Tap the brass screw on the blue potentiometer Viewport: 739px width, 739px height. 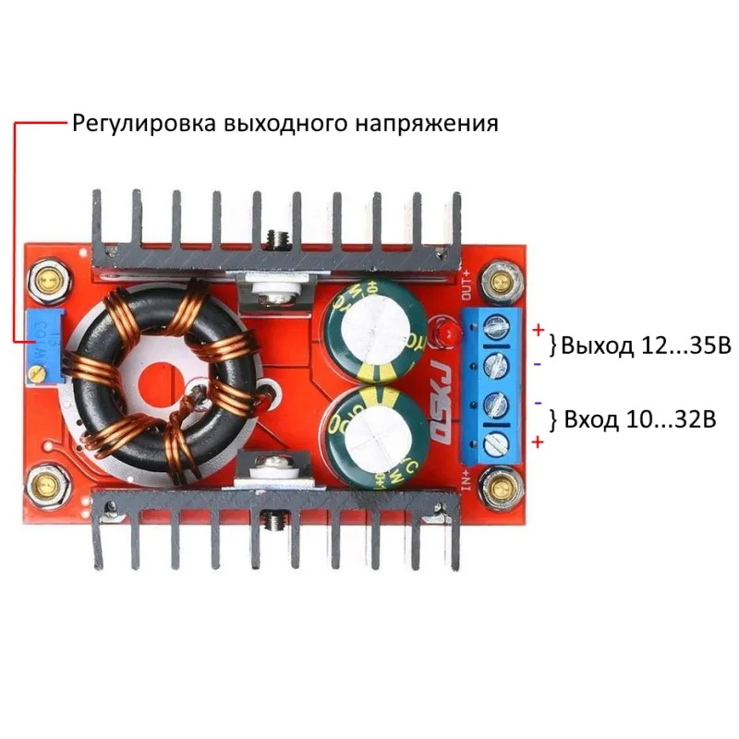pos(36,373)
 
